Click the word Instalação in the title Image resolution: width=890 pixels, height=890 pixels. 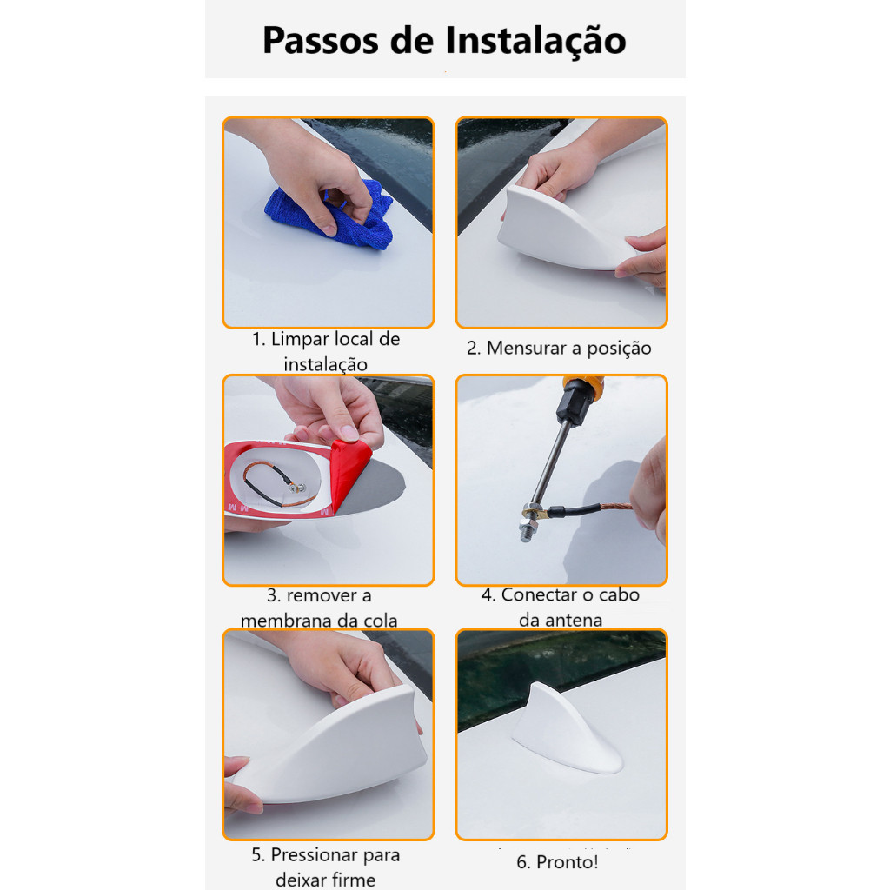tap(535, 42)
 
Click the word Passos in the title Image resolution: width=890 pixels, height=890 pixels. tap(320, 40)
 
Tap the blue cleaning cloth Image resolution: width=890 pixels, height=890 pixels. tap(329, 216)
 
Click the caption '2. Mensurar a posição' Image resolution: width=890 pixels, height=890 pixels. tap(559, 348)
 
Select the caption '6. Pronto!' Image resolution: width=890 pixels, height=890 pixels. tap(557, 862)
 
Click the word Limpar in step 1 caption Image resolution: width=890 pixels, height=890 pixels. tap(299, 340)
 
